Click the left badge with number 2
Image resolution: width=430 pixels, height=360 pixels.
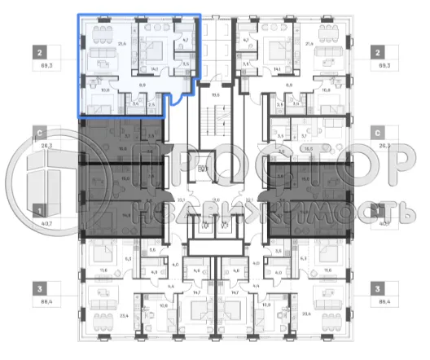click(x=40, y=50)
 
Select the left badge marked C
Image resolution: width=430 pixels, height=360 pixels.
click(x=40, y=133)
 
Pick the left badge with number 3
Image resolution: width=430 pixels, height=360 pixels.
click(x=40, y=288)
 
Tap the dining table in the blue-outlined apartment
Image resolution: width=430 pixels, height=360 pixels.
click(x=103, y=33)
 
